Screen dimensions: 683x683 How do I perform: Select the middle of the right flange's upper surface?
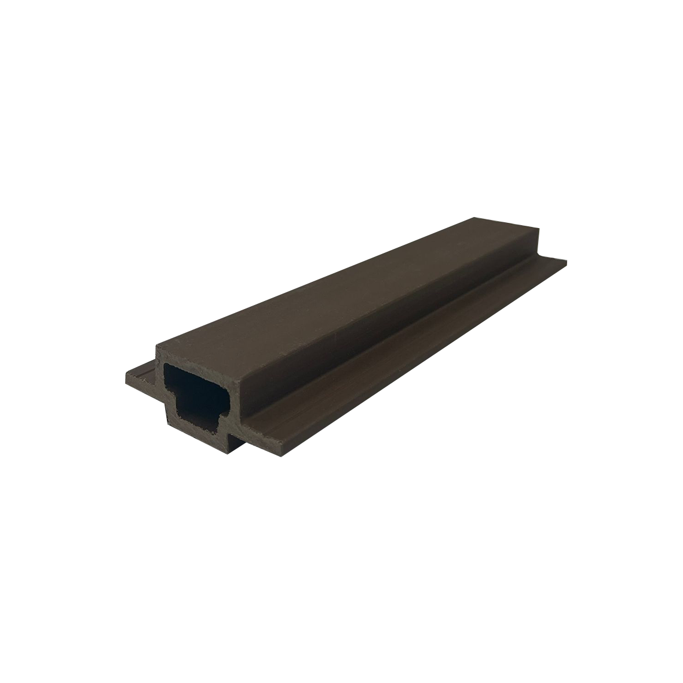coord(406,353)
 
